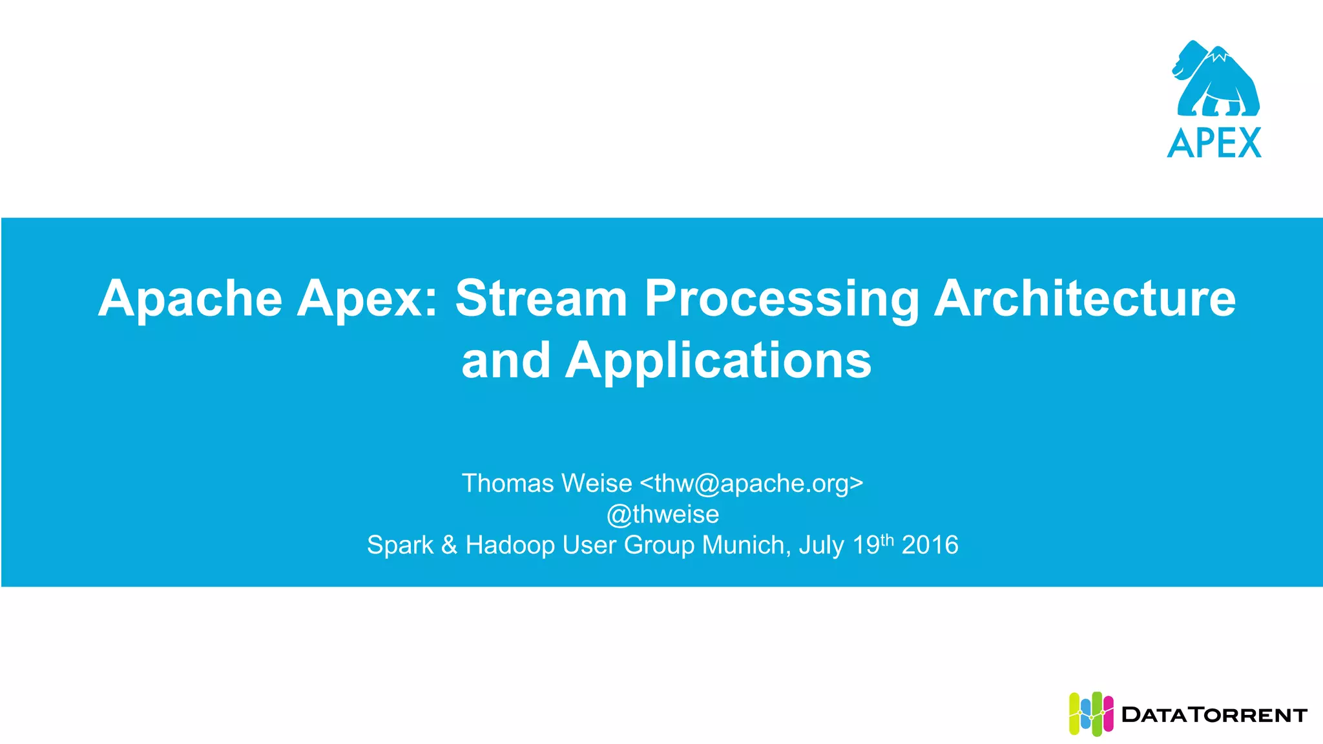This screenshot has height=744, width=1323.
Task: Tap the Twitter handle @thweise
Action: click(x=663, y=515)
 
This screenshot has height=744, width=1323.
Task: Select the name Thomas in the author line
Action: click(x=508, y=484)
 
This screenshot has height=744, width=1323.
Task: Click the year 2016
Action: click(x=930, y=546)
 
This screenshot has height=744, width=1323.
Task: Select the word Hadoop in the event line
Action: click(x=510, y=546)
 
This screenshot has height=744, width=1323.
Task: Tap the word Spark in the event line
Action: click(x=400, y=546)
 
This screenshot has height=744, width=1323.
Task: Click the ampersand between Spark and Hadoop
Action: click(x=449, y=546)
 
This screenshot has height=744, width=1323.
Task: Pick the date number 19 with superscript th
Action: click(x=872, y=544)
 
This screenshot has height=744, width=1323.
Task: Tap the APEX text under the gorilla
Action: click(x=1214, y=143)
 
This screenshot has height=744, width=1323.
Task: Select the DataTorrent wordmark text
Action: click(x=1214, y=715)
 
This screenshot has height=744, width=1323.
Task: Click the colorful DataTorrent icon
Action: click(x=1090, y=714)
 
